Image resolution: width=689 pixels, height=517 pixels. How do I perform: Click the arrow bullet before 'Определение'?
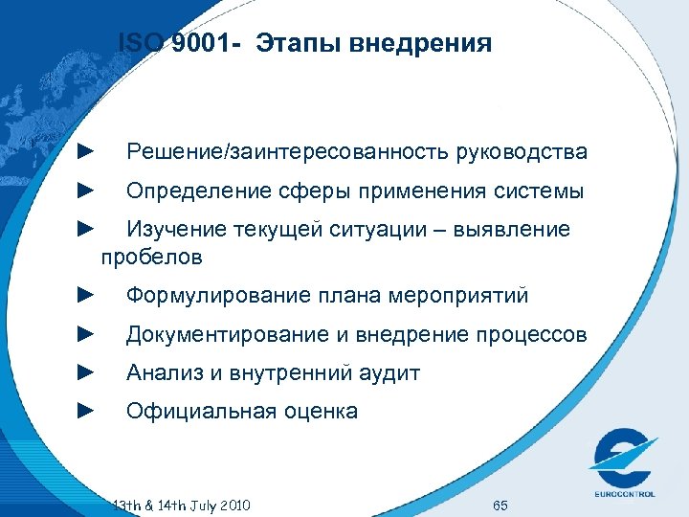[x=83, y=191]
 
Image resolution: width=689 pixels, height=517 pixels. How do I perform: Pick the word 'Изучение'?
[x=176, y=230]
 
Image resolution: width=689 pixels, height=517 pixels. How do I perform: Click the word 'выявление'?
[x=517, y=230]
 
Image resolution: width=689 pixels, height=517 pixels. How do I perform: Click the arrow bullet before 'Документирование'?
[x=83, y=334]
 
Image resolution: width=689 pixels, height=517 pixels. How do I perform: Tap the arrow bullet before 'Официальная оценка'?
[x=83, y=412]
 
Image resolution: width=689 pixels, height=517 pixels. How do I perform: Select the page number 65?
[x=500, y=505]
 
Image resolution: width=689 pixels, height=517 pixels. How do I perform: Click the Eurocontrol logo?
[x=623, y=461]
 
